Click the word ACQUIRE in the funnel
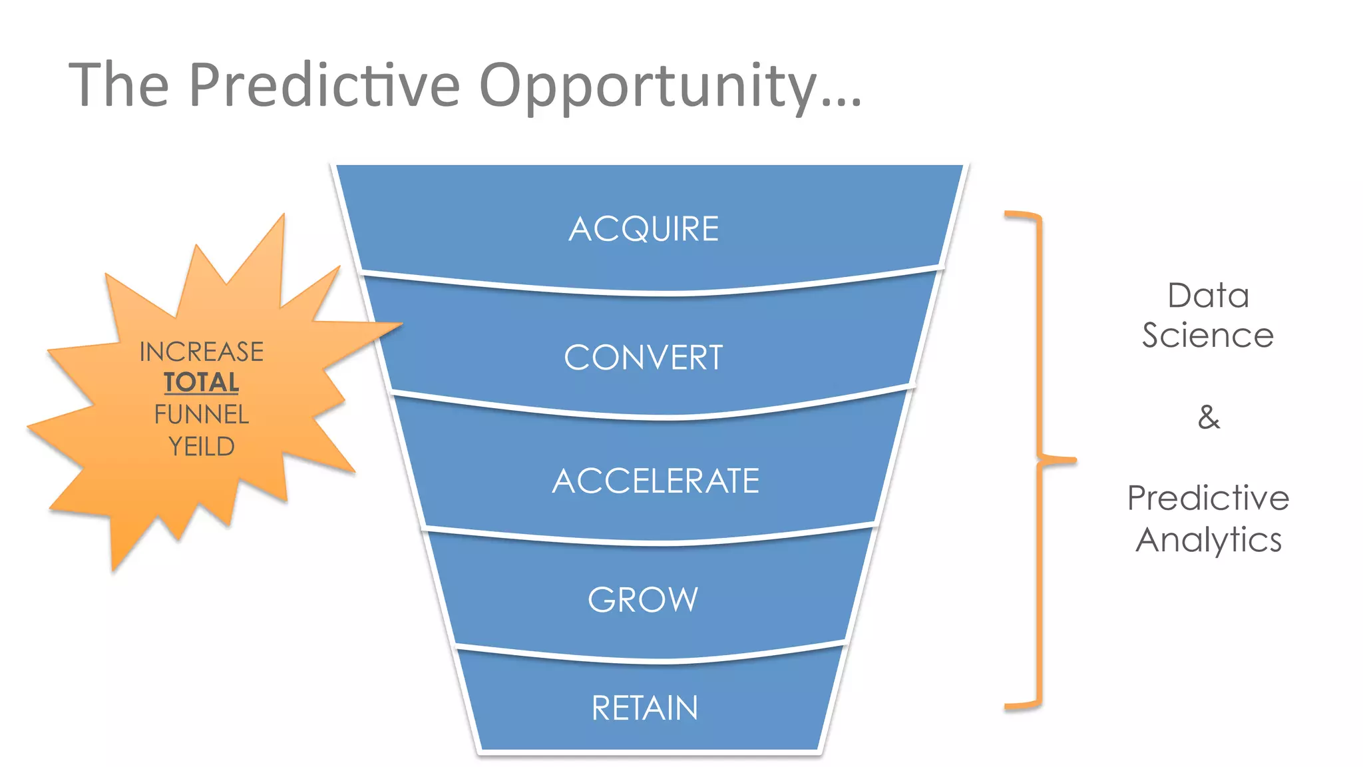[x=644, y=229]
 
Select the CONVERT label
[x=643, y=358]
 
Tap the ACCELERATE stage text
[x=656, y=481]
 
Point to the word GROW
[x=643, y=599]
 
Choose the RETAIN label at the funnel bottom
[x=645, y=708]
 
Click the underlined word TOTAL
[x=202, y=383]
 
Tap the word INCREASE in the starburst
[x=202, y=352]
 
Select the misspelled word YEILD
[x=202, y=446]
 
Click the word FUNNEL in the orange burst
[x=202, y=414]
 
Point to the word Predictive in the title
[x=324, y=85]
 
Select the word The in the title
[x=119, y=85]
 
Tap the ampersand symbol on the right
[x=1209, y=417]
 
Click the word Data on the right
[x=1208, y=296]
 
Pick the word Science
[x=1208, y=335]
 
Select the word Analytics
[x=1208, y=539]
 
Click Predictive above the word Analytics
[x=1208, y=498]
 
